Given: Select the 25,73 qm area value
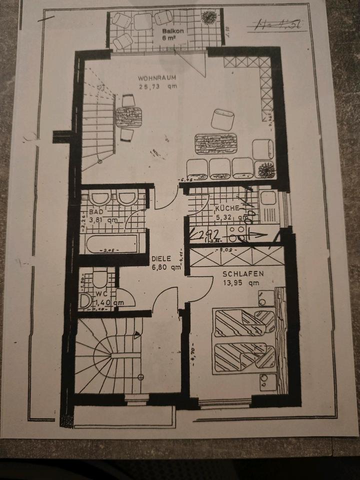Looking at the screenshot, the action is point(158,86).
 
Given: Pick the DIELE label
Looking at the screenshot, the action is point(161,259).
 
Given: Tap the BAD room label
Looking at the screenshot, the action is point(96,212).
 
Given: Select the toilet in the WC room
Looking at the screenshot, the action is point(100,278).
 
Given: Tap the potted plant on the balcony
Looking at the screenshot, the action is point(207,18).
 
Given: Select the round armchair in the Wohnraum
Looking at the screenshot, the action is point(222,120).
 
